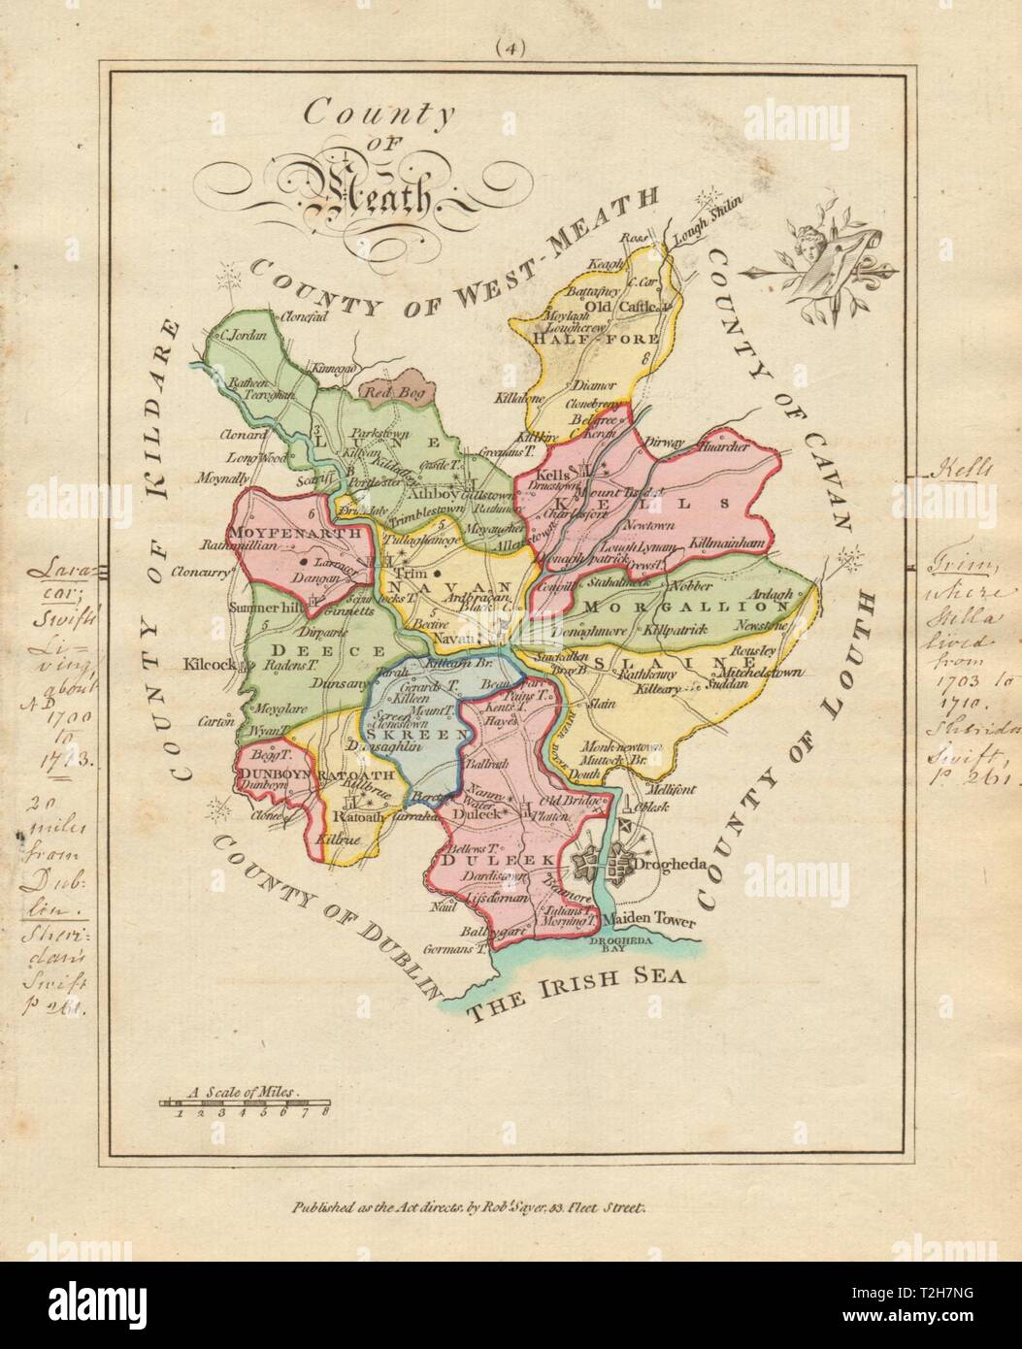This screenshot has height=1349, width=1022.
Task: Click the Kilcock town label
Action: (x=206, y=668)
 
